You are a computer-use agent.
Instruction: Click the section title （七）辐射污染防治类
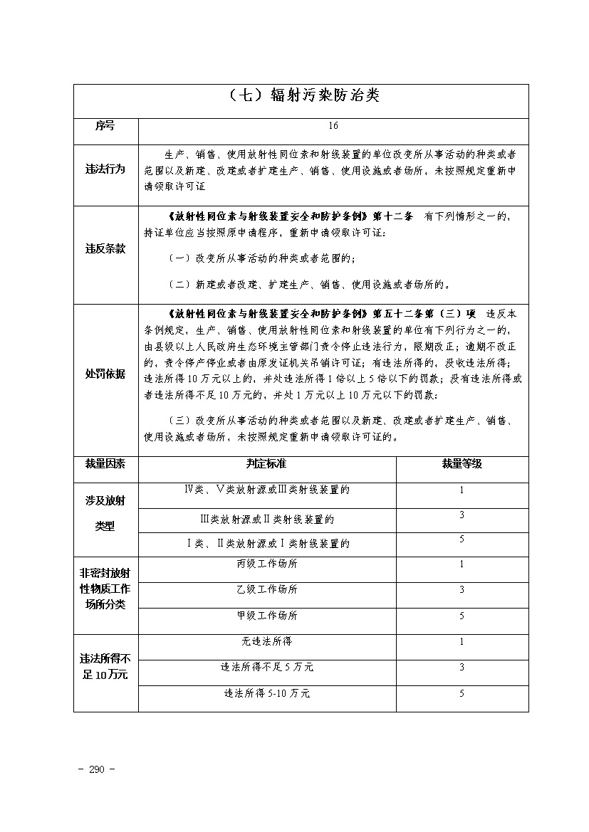pos(301,96)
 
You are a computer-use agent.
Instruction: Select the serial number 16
pos(333,126)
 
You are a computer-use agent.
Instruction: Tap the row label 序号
pos(105,125)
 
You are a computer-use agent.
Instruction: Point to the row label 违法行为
pos(105,169)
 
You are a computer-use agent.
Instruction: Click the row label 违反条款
pos(105,249)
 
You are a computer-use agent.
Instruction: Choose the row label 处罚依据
pos(105,374)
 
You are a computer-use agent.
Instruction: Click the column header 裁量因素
pos(105,464)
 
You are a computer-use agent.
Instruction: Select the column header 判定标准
pos(266,464)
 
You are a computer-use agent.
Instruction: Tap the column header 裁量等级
pos(462,464)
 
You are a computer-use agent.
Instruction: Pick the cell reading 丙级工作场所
pos(267,564)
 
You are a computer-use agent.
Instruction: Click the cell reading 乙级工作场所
pos(267,590)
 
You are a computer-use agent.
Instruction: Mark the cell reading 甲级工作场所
pos(267,616)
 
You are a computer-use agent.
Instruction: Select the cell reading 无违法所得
pos(267,642)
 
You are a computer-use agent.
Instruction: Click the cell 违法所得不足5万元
pos(267,668)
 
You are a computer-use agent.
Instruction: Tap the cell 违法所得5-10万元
pos(267,693)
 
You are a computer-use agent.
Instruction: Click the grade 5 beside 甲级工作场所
pos(462,616)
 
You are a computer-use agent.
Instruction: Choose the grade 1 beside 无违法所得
pos(462,642)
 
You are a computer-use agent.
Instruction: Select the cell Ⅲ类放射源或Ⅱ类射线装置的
pos(267,520)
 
